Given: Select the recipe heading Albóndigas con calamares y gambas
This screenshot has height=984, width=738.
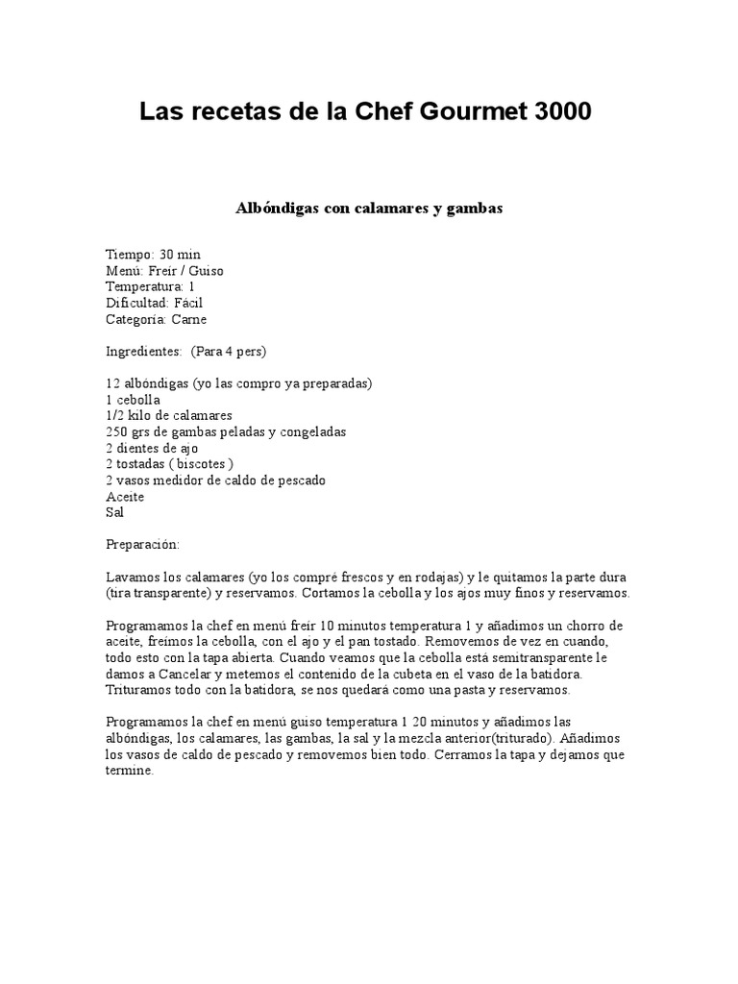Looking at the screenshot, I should pyautogui.click(x=369, y=207).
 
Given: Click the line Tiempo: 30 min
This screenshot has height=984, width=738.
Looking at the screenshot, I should pyautogui.click(x=153, y=255).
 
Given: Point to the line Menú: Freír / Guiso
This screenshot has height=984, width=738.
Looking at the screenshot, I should pyautogui.click(x=164, y=271).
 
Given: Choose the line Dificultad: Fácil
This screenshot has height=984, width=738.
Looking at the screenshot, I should pyautogui.click(x=154, y=303).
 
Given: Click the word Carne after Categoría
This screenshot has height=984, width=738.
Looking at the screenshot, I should pyautogui.click(x=189, y=319).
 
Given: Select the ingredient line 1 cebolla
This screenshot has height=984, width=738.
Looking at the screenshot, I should pyautogui.click(x=133, y=399).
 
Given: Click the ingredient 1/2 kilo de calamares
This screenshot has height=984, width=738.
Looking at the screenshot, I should pyautogui.click(x=169, y=415).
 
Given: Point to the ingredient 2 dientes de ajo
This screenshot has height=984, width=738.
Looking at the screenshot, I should pyautogui.click(x=154, y=448).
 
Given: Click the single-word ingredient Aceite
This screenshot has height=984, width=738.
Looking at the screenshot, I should pyautogui.click(x=124, y=496).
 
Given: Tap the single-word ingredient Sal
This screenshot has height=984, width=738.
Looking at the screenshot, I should pyautogui.click(x=114, y=512).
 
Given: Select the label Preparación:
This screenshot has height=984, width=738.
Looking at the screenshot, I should pyautogui.click(x=142, y=544).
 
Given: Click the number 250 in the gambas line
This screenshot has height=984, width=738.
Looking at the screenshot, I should pyautogui.click(x=116, y=431).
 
